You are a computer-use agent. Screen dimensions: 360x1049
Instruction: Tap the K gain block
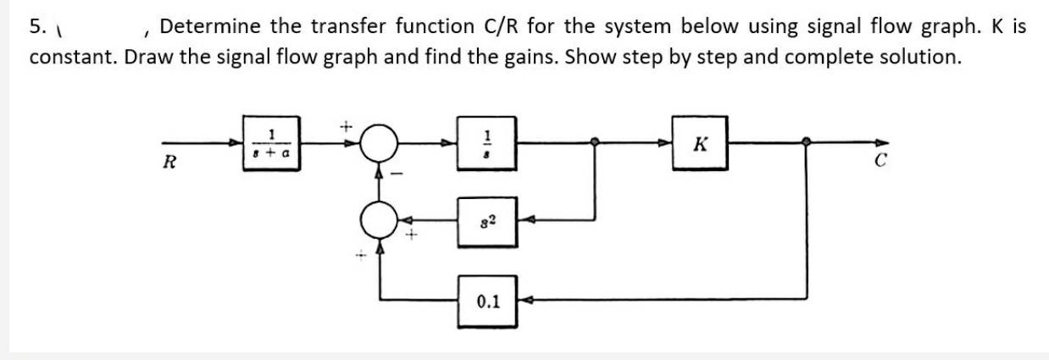(700, 142)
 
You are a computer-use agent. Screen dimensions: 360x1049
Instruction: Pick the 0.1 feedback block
(487, 300)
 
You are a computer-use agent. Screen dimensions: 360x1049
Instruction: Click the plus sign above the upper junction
(346, 125)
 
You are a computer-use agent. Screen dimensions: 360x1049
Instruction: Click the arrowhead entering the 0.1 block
(523, 300)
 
